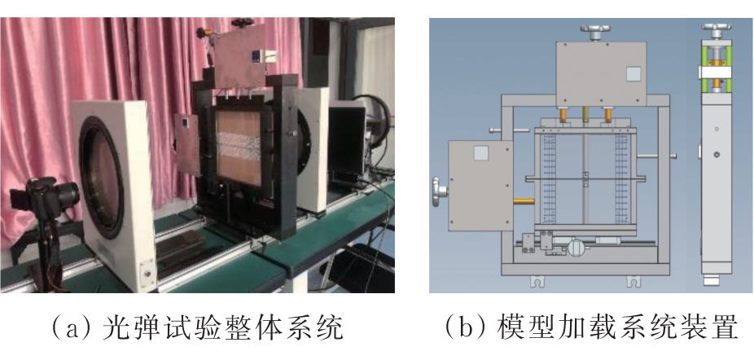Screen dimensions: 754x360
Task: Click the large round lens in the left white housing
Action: click(x=101, y=178)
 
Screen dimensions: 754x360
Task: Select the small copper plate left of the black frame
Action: click(x=187, y=144)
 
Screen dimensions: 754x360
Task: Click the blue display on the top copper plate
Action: click(x=256, y=55)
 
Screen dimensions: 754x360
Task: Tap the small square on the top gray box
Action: click(x=633, y=74)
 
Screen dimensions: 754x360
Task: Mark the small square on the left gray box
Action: click(x=481, y=153)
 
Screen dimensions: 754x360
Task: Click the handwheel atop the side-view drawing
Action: click(x=717, y=29)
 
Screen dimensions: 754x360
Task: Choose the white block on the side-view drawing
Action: click(x=715, y=72)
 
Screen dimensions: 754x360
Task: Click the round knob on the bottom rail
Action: click(x=576, y=248)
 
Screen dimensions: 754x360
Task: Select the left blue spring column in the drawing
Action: click(x=549, y=178)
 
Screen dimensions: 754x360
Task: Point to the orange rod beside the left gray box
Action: click(x=524, y=201)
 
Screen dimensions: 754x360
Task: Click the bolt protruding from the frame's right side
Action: click(x=657, y=156)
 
